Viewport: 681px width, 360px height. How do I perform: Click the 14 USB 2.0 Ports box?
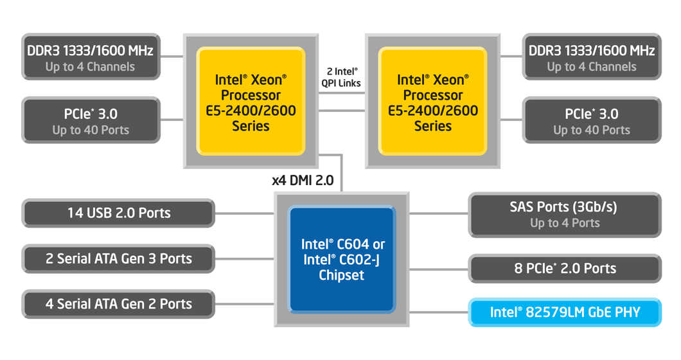(119, 213)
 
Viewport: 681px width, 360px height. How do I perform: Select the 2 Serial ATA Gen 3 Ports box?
(119, 259)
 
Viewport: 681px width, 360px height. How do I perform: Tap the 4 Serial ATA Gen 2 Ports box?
(119, 303)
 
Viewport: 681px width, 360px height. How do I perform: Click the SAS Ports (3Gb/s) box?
(565, 215)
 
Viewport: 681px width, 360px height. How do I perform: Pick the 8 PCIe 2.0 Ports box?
(565, 269)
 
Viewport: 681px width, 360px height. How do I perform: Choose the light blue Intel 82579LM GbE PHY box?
(565, 312)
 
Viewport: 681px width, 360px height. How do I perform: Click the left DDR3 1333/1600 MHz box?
(90, 57)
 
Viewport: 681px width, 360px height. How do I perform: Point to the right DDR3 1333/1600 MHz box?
(591, 57)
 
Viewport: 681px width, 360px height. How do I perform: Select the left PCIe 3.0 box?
(90, 121)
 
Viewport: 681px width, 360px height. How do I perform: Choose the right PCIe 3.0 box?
(591, 121)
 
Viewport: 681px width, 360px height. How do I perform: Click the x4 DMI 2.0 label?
(303, 181)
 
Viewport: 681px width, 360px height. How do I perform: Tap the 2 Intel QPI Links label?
(341, 77)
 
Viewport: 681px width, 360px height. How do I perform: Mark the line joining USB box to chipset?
(245, 213)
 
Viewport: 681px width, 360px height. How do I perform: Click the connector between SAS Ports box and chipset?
(439, 213)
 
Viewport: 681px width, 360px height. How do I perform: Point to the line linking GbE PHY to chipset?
(439, 312)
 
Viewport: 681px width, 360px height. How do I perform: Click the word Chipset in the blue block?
(342, 275)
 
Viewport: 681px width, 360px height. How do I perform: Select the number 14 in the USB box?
(76, 213)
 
